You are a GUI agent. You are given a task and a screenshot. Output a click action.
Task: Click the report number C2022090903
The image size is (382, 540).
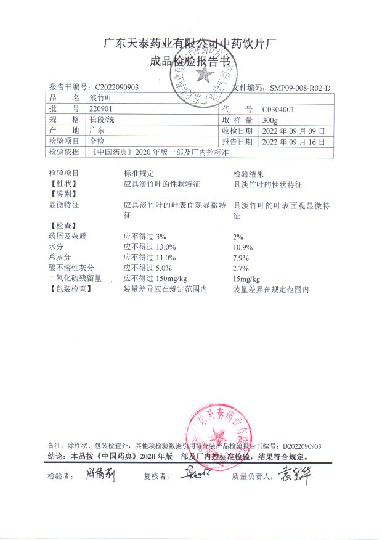coord(117,88)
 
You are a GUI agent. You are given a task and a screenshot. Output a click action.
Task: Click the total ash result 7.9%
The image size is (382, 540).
coord(240,257)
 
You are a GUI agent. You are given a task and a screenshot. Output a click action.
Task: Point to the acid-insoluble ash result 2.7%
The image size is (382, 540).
coord(240,268)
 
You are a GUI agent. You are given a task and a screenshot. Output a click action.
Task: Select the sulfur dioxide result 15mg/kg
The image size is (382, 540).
coord(247,279)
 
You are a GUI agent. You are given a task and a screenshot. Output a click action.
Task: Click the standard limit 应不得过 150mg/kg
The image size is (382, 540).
coord(155,279)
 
